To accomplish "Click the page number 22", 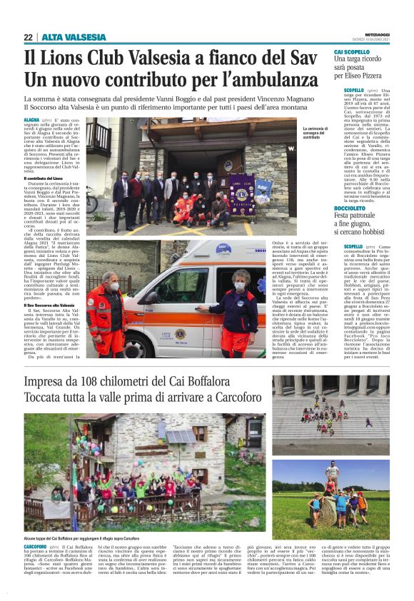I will [x=28, y=37].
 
